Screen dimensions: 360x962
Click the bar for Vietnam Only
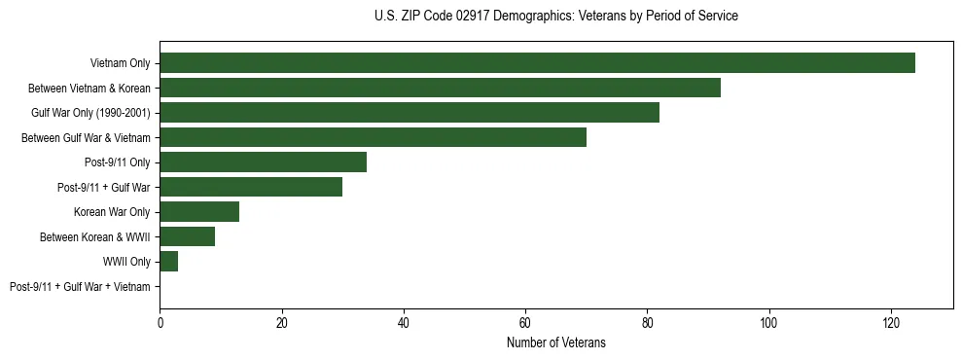[537, 63]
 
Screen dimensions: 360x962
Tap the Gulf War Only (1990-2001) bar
[410, 113]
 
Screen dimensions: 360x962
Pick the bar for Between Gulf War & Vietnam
[373, 137]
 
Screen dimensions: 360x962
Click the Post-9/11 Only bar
[263, 162]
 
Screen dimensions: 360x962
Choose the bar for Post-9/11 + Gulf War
[251, 187]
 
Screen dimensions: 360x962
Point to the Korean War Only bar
[199, 212]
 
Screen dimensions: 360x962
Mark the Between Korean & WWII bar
[187, 236]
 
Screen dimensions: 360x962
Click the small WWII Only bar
[168, 262]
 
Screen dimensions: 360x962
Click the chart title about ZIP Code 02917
[555, 17]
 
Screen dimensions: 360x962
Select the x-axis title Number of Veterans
[555, 342]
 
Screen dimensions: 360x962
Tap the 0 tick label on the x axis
[160, 324]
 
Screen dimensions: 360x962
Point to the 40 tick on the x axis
[404, 324]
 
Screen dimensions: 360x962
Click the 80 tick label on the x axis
[647, 324]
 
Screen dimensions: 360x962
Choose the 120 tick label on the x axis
[891, 324]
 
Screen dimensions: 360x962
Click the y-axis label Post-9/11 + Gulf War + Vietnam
[80, 287]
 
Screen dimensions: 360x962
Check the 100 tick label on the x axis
[769, 324]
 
